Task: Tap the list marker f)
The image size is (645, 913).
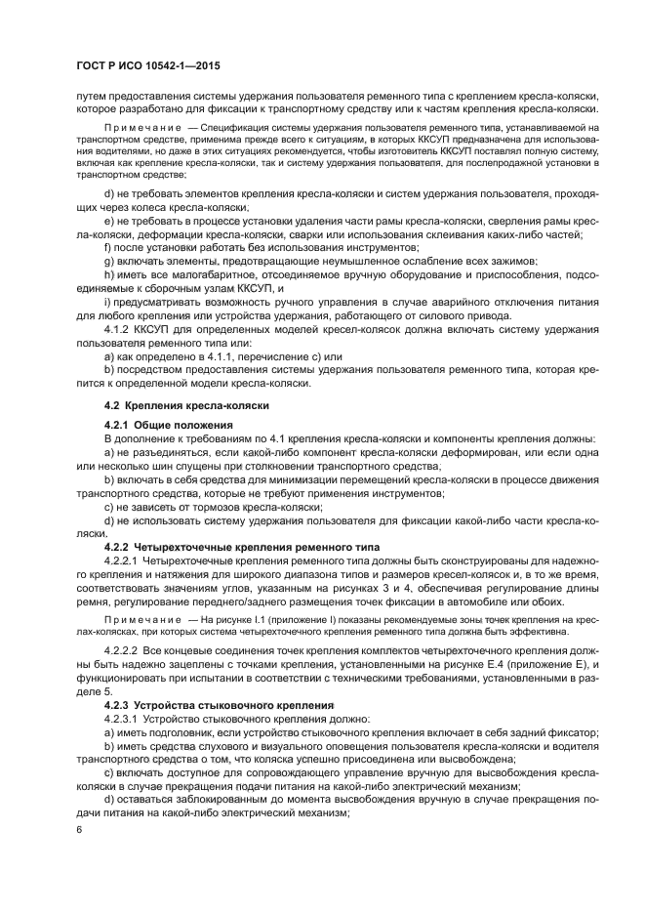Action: pyautogui.click(x=107, y=247)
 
